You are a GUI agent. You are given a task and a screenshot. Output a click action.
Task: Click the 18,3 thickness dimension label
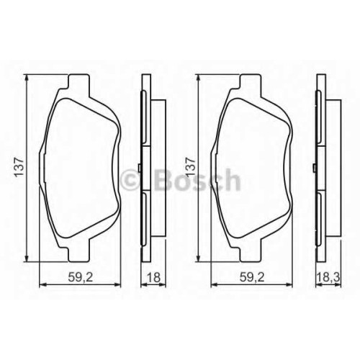click(x=328, y=278)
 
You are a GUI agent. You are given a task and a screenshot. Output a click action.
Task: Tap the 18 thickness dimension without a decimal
click(x=153, y=278)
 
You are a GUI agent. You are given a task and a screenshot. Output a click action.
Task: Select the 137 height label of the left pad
click(x=19, y=167)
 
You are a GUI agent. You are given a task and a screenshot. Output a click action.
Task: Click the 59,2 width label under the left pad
click(x=80, y=278)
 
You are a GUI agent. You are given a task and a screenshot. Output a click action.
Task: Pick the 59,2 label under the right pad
click(x=252, y=278)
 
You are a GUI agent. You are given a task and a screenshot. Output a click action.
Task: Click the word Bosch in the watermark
click(x=197, y=180)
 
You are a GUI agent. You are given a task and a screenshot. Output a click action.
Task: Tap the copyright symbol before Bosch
click(x=131, y=180)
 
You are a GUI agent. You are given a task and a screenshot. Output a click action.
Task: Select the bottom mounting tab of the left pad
click(x=79, y=254)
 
